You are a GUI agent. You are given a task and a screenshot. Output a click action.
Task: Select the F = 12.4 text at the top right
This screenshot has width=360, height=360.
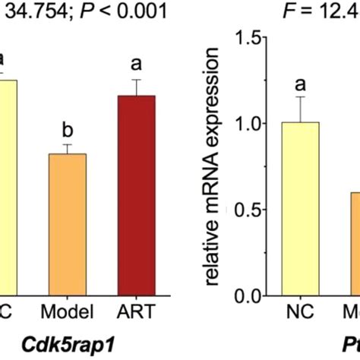[x=323, y=11]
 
